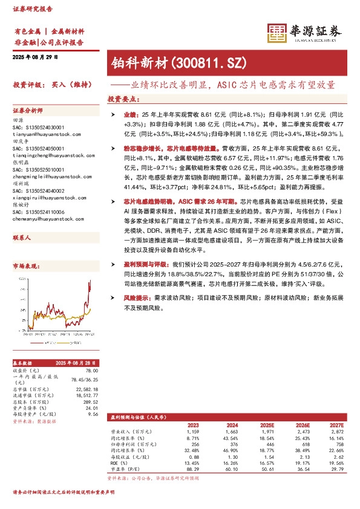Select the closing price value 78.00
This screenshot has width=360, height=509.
click(x=91, y=371)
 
